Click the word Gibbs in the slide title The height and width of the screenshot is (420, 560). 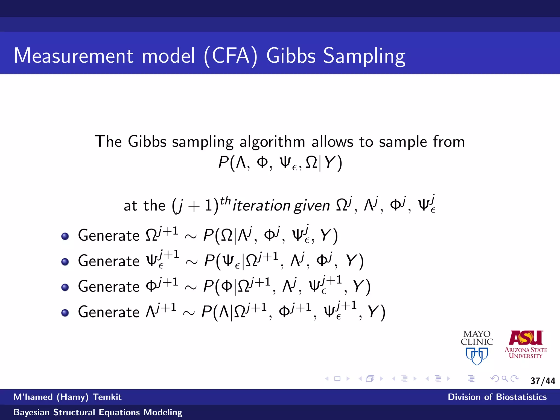[x=291, y=56]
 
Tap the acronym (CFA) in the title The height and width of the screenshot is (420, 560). [x=231, y=56]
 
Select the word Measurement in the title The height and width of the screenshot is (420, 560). [x=74, y=56]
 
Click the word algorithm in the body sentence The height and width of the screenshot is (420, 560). [x=272, y=142]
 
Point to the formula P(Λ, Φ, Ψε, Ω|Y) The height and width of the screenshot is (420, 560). [x=280, y=163]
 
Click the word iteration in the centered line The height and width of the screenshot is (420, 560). [x=261, y=206]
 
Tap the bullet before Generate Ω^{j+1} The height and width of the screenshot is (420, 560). [x=65, y=236]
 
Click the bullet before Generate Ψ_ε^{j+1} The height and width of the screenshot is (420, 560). [x=65, y=262]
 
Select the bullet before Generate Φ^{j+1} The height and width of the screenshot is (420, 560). [x=65, y=287]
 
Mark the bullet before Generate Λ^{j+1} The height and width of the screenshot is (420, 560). [x=65, y=313]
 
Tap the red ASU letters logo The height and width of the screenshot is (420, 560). [x=526, y=338]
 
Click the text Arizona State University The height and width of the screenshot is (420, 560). [x=526, y=353]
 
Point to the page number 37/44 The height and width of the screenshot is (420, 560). [x=542, y=381]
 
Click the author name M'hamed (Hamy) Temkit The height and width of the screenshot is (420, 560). [x=67, y=397]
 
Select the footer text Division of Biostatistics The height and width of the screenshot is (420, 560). [x=497, y=397]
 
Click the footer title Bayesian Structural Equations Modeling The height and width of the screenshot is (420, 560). [x=98, y=412]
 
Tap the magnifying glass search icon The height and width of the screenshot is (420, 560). [x=505, y=379]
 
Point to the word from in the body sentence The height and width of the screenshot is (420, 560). [x=449, y=142]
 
